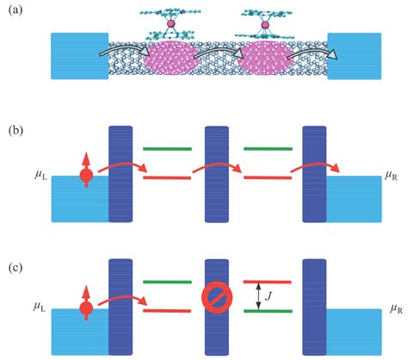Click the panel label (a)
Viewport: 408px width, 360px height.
pos(15,10)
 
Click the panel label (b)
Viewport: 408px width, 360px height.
pos(15,131)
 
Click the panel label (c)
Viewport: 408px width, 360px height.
pos(15,268)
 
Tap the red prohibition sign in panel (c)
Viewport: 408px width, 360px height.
pos(217,298)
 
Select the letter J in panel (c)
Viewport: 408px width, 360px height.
pos(269,296)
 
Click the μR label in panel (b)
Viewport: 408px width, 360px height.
pos(391,176)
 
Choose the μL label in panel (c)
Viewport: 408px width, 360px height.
pos(40,307)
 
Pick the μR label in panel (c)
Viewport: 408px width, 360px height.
pos(396,309)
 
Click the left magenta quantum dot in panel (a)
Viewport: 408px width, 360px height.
pos(169,59)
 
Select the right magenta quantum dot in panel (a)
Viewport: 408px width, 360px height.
pos(265,59)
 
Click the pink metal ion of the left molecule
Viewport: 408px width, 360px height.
pos(170,24)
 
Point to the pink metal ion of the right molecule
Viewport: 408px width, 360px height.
pos(265,25)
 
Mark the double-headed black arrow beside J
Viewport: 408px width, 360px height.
pos(258,296)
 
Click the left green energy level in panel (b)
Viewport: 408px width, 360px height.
pos(167,149)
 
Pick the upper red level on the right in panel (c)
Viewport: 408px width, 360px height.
pos(268,282)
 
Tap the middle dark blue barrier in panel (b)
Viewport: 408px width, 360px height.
pos(217,174)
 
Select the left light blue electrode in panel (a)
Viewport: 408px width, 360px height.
pos(80,56)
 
